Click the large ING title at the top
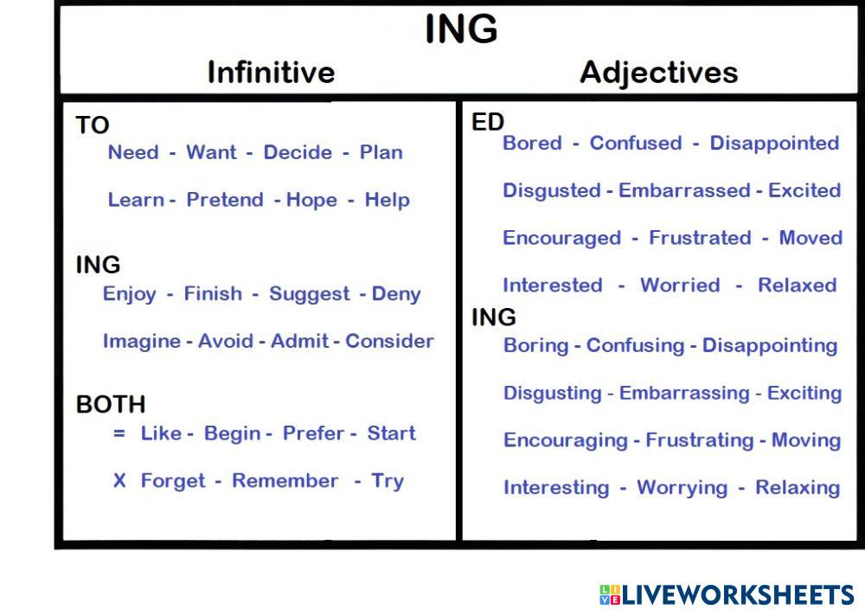point(461,29)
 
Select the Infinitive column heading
point(271,73)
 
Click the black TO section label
point(93,125)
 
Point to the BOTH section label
point(111,405)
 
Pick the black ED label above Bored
point(488,122)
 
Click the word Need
point(133,152)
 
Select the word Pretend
point(225,200)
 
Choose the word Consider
point(389,341)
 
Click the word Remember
point(285,481)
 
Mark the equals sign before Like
point(119,433)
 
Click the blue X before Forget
point(119,481)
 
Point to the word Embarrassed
point(684,190)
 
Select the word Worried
point(680,286)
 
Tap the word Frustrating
point(700,441)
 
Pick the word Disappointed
point(774,144)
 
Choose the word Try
point(388,481)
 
